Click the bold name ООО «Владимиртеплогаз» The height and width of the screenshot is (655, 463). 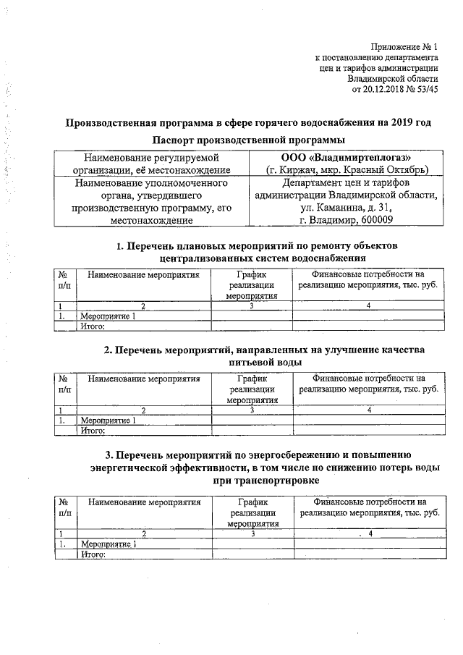[x=345, y=157]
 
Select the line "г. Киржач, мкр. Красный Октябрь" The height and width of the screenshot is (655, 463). [x=345, y=170]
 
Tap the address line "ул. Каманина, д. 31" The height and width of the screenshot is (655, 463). [x=345, y=208]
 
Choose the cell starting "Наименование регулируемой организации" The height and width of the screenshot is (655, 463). [x=151, y=164]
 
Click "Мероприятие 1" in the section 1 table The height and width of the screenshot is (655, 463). [x=108, y=316]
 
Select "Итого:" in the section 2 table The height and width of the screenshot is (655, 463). [x=93, y=430]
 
